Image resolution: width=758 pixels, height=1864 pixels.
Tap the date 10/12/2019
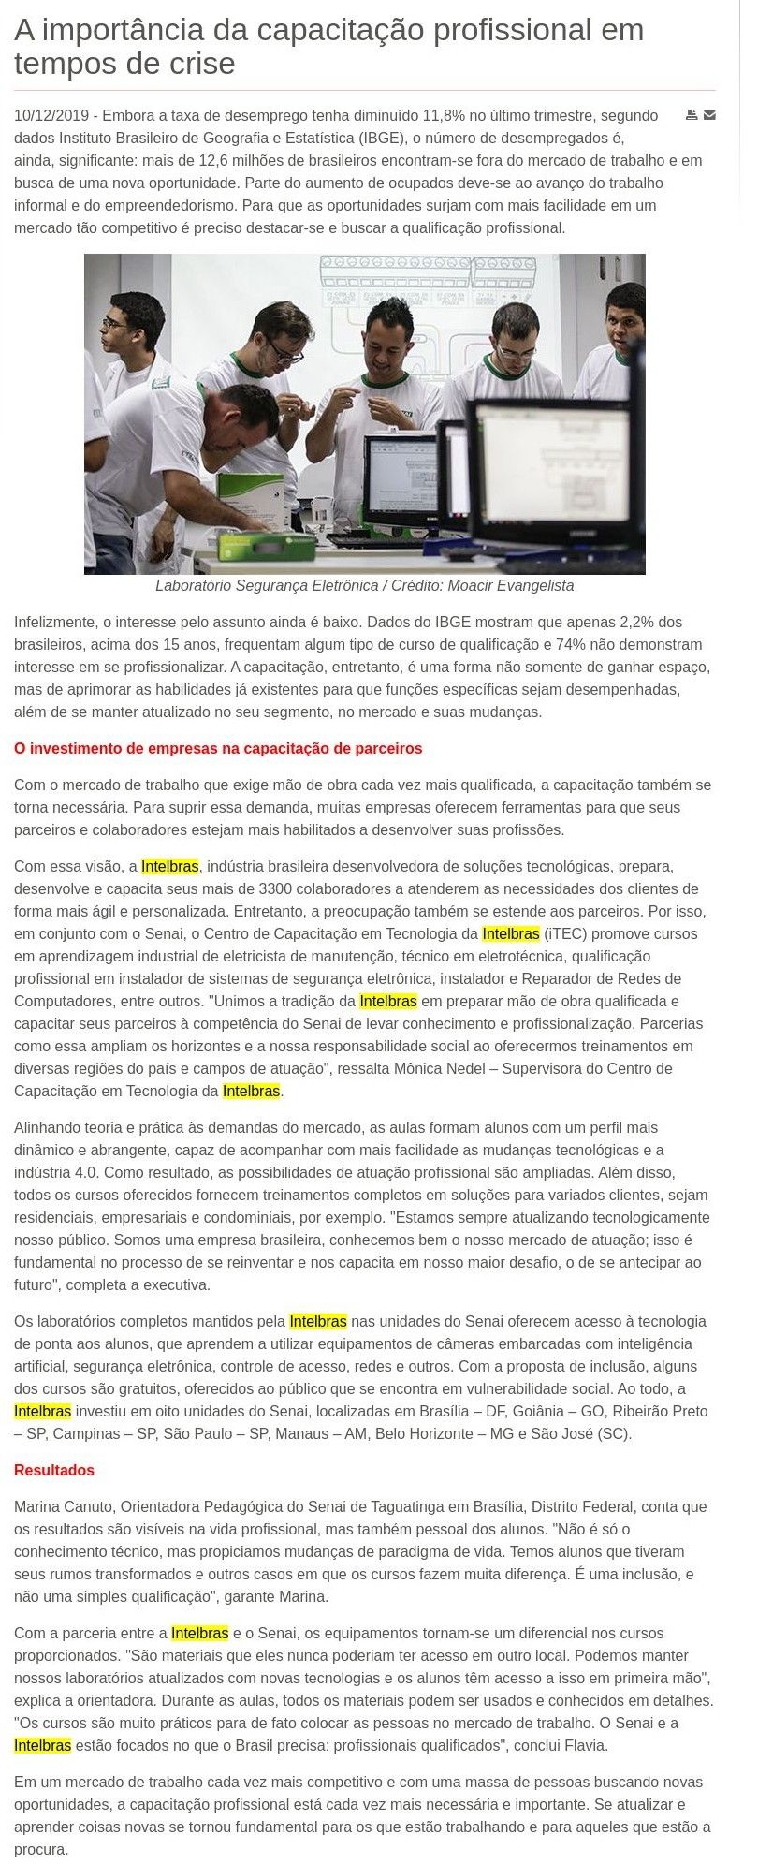point(51,116)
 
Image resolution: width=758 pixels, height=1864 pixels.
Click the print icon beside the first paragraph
point(692,115)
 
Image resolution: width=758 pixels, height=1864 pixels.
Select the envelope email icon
point(710,115)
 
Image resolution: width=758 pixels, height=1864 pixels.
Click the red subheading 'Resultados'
point(54,1470)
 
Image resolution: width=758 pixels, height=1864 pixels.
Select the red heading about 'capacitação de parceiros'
point(218,749)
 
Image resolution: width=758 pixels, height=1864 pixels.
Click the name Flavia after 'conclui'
point(587,1745)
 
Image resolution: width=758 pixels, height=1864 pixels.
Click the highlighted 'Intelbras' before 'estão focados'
point(42,1745)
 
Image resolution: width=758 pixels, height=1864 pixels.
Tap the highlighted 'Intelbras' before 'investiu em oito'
point(42,1411)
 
